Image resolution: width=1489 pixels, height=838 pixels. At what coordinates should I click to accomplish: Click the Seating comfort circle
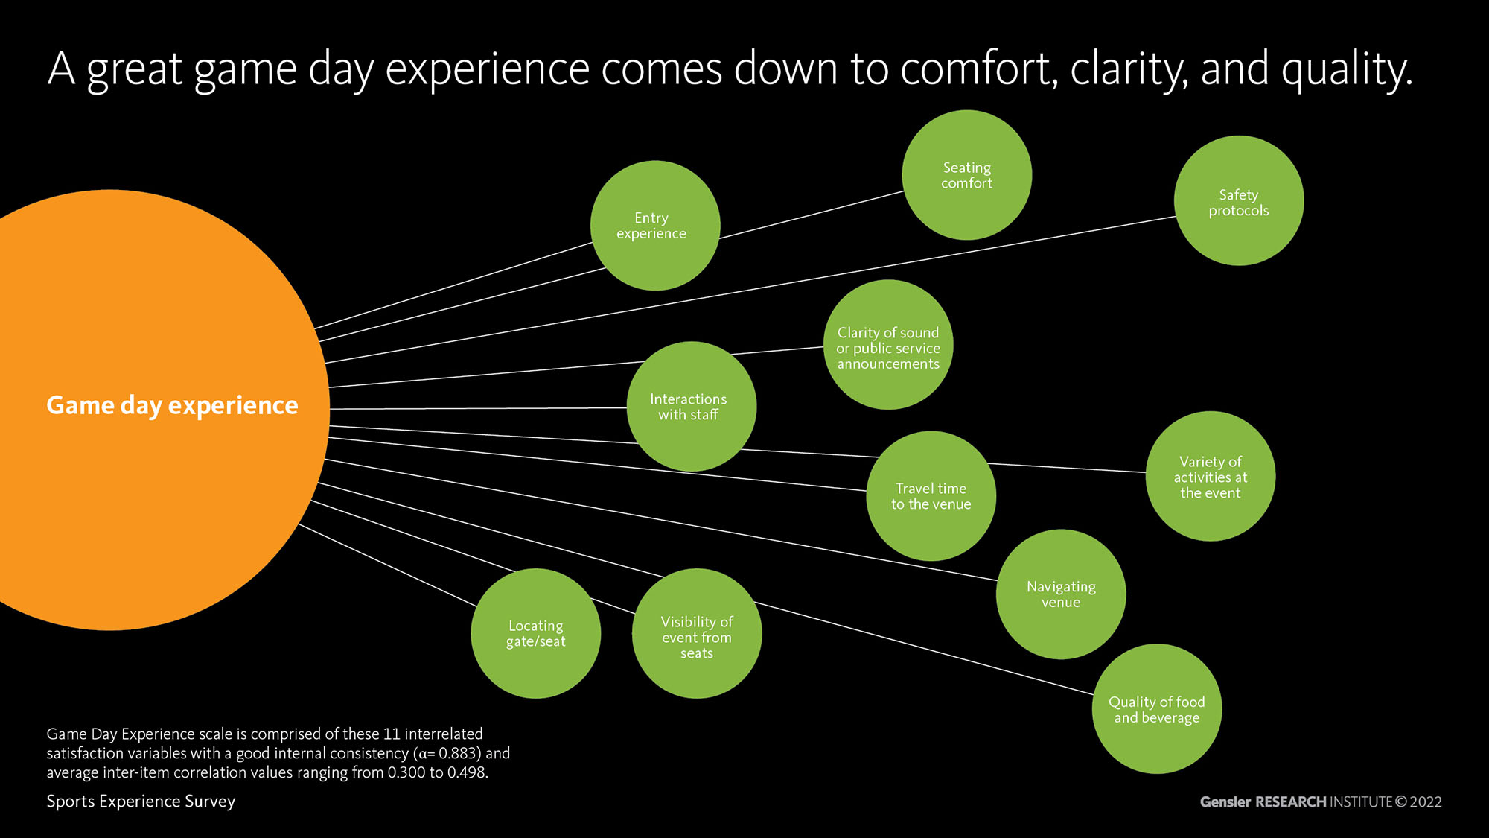click(x=966, y=176)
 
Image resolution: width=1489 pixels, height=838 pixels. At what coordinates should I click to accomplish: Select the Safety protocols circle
click(x=1239, y=201)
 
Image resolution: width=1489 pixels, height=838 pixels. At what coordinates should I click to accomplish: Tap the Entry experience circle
click(x=654, y=226)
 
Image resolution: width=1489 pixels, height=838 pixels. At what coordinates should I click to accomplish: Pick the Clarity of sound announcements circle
click(x=888, y=346)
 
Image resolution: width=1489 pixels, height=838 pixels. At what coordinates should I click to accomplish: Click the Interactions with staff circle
click(x=691, y=407)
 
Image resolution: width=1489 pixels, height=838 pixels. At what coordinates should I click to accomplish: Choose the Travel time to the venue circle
click(x=931, y=496)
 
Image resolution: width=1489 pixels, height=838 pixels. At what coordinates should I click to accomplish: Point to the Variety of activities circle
click(x=1210, y=477)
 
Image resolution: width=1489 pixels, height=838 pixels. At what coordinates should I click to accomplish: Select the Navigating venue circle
click(x=1061, y=594)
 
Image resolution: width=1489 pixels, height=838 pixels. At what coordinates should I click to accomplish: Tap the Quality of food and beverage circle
click(x=1156, y=709)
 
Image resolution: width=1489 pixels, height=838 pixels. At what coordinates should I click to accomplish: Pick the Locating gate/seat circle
click(x=536, y=634)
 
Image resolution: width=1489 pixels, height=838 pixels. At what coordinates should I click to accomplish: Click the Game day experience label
click(x=172, y=405)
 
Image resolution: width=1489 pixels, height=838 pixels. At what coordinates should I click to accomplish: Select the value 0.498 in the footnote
click(x=467, y=772)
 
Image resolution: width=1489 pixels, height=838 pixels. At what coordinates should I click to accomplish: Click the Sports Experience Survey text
click(x=141, y=802)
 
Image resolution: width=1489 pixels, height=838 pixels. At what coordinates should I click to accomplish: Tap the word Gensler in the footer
click(x=1225, y=802)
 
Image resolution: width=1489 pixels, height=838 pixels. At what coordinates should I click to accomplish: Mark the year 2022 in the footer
click(x=1426, y=802)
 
